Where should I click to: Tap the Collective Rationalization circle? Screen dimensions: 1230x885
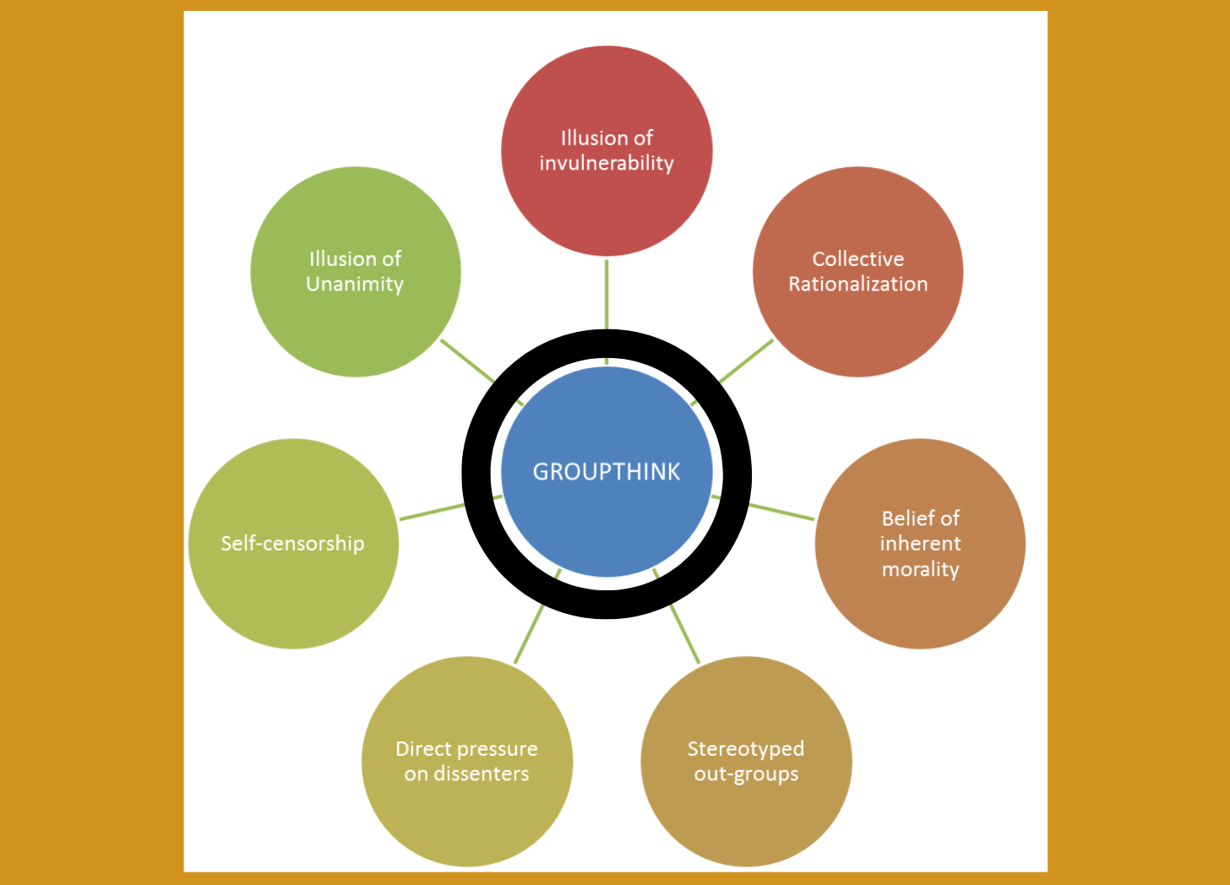[857, 329]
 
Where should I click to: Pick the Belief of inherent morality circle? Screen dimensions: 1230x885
[920, 608]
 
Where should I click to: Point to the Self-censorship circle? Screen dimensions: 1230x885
[292, 591]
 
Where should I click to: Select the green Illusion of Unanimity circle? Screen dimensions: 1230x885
[355, 329]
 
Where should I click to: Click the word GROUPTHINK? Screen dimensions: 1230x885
[607, 471]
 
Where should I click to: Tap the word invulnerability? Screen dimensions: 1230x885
[607, 163]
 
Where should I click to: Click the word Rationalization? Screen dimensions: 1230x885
[857, 285]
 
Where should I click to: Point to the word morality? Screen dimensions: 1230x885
[920, 569]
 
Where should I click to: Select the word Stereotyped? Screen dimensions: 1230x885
[745, 749]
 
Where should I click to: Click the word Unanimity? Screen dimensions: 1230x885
[355, 285]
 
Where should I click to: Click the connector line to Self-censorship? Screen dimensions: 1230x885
[431, 512]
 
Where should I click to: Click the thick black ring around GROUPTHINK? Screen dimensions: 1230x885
[476, 473]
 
